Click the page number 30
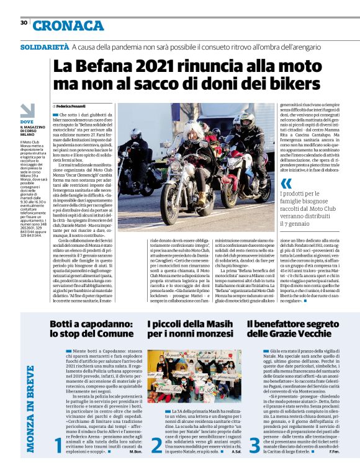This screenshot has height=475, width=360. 24,22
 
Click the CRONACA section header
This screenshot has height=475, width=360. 68,25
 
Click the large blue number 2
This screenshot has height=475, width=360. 156,461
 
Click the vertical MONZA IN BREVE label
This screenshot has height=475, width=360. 30,409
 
